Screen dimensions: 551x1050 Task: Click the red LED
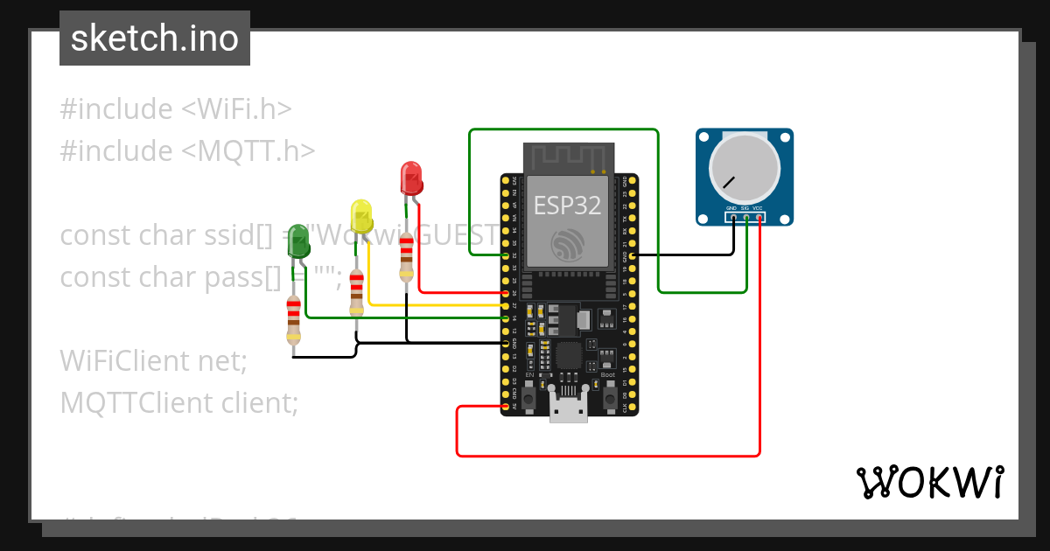410,178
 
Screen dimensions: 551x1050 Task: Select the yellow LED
360,215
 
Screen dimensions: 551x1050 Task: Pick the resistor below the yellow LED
356,293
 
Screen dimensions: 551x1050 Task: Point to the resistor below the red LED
406,256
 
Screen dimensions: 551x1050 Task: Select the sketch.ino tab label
155,39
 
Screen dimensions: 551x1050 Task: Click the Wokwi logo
928,482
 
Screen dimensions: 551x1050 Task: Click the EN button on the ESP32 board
530,393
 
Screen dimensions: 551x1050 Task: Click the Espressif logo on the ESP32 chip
568,244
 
